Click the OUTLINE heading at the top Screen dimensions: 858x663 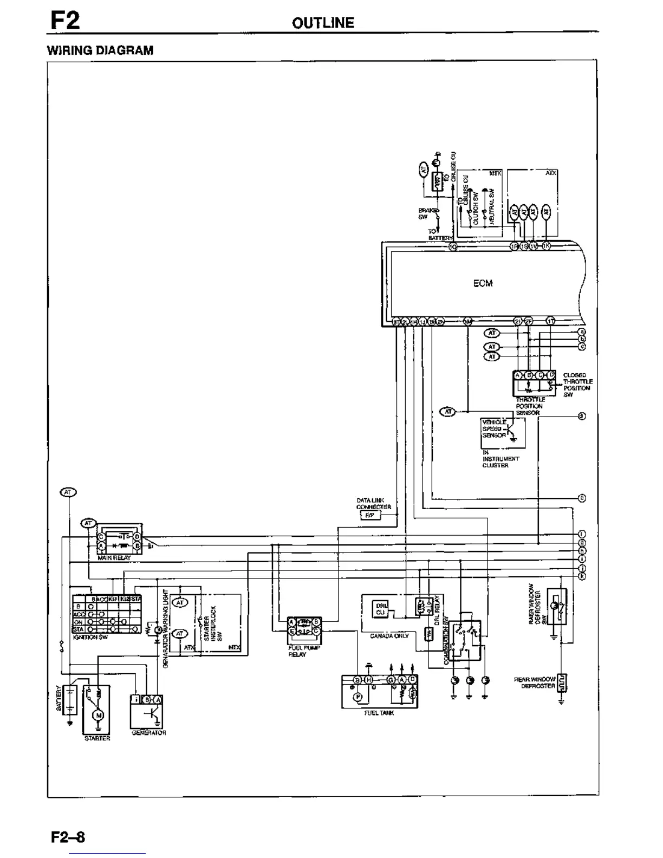coord(323,23)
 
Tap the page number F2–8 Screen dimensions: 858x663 coord(68,837)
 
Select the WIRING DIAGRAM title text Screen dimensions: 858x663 coord(100,50)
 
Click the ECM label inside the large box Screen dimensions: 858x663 coord(483,283)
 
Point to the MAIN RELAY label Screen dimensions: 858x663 coord(114,557)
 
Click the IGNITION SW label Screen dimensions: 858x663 coord(90,637)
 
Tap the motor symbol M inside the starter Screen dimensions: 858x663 coord(98,716)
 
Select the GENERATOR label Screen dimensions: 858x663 coord(148,733)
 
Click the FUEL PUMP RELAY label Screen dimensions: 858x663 coord(297,651)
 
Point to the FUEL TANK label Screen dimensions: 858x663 coord(379,713)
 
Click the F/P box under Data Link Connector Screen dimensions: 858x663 coord(369,516)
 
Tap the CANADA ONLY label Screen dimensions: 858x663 coord(389,636)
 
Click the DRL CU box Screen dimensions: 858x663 coord(380,608)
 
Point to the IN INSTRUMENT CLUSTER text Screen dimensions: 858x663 coord(500,459)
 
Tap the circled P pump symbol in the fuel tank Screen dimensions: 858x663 coord(357,697)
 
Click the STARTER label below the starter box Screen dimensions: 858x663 coord(97,738)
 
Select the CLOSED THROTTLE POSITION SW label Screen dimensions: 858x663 coord(577,385)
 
